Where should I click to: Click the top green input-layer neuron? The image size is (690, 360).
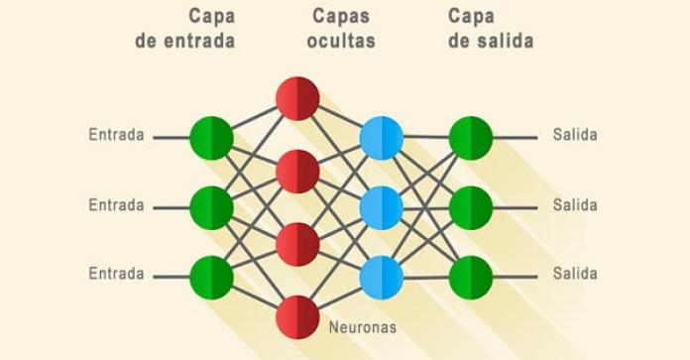pos(211,137)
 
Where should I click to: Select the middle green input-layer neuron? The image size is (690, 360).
pos(211,207)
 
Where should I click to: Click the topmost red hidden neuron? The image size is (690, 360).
pos(297,98)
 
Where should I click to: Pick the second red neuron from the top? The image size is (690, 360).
pos(297,171)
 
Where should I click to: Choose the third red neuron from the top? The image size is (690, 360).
pos(297,244)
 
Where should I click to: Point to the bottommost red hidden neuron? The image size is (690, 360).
pos(297,315)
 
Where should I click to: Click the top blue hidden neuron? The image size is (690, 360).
pos(382,137)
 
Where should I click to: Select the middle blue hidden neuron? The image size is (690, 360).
pos(382,207)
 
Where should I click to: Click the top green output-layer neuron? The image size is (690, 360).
pos(470,137)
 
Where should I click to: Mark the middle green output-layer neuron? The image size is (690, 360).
pos(470,207)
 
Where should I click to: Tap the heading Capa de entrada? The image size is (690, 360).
pos(185,29)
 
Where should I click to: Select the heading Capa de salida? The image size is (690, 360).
pos(489,29)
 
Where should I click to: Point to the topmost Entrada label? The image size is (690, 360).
pos(116,135)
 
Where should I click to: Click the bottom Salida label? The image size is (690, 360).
pos(575,274)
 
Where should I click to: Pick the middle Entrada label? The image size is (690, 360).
pos(116,205)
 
